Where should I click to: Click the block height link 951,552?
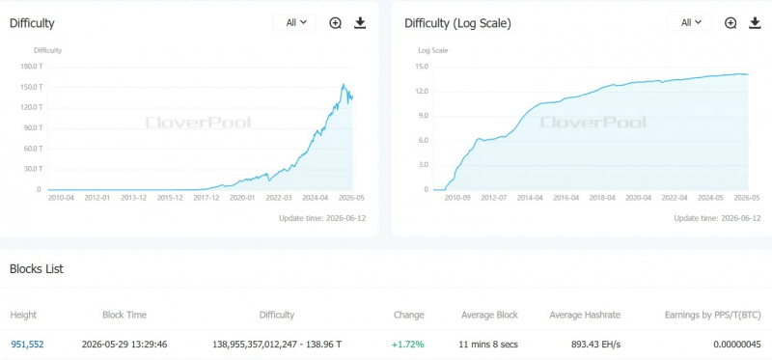click(27, 345)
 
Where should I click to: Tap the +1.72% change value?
click(407, 345)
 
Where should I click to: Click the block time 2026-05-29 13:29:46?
click(124, 345)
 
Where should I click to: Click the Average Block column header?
click(489, 315)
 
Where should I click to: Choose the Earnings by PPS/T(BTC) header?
click(713, 315)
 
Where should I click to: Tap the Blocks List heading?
click(37, 269)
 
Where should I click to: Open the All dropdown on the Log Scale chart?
click(689, 22)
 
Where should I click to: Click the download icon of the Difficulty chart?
click(360, 22)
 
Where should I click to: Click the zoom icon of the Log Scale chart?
click(731, 22)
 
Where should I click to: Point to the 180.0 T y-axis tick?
click(31, 67)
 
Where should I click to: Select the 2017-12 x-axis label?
click(207, 198)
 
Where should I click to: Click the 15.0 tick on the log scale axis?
click(423, 67)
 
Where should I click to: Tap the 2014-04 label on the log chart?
click(530, 198)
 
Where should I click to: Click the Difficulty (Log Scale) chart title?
click(457, 23)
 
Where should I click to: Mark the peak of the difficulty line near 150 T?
click(344, 84)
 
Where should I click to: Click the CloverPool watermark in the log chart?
click(593, 123)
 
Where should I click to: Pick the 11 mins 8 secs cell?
click(489, 345)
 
